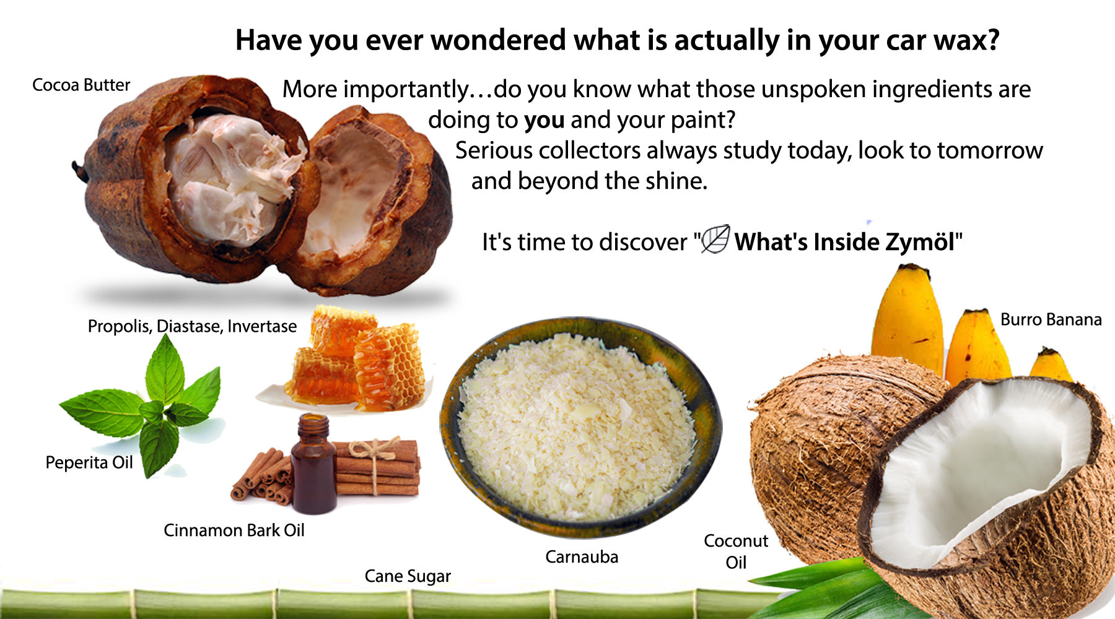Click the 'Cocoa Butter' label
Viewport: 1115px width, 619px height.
coord(81,85)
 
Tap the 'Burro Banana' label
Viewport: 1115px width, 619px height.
coord(1051,319)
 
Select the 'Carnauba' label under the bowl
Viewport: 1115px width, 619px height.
coord(582,557)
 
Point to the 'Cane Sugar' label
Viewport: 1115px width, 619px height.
coord(408,576)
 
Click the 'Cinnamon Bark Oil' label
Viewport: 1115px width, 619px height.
coord(234,530)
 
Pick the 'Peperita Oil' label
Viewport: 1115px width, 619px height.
coord(89,463)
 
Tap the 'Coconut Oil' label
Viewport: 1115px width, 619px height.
coord(736,552)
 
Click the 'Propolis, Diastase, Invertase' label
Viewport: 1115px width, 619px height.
coord(192,326)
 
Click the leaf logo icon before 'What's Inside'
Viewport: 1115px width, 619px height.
coord(715,239)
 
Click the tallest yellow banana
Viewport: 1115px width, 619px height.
coord(907,319)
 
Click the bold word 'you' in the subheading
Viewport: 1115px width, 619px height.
coord(544,121)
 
